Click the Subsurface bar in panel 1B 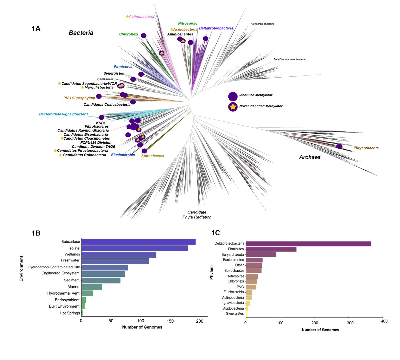pos(138,242)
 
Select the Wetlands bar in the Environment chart pos(119,255)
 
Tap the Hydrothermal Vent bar pos(87,293)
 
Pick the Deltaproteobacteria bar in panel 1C pos(308,244)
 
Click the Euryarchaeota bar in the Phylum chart pos(261,255)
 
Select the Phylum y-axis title pos(211,272)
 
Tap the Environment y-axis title pos(21,269)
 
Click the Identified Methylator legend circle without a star pos(233,96)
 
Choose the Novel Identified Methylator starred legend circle pos(233,107)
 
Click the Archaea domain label pos(310,157)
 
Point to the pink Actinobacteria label pos(142,17)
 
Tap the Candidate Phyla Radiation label pos(197,215)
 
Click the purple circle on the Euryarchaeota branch pos(339,146)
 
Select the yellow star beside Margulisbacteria pos(82,87)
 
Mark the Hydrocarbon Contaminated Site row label pos(54,267)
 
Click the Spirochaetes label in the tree pos(152,156)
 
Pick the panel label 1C pos(215,233)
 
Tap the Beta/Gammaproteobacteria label pos(289,59)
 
